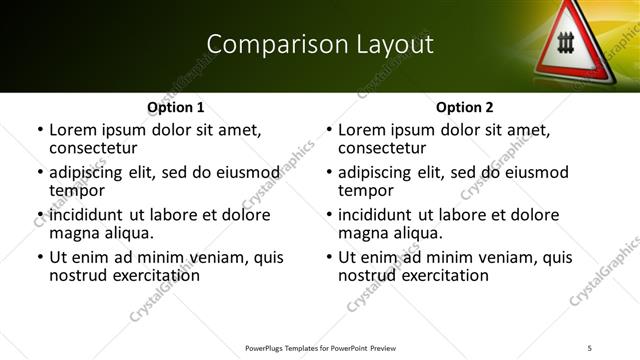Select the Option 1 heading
coord(176,107)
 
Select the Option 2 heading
coord(465,107)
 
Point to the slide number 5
coord(590,347)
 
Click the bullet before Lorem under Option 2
coord(329,130)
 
